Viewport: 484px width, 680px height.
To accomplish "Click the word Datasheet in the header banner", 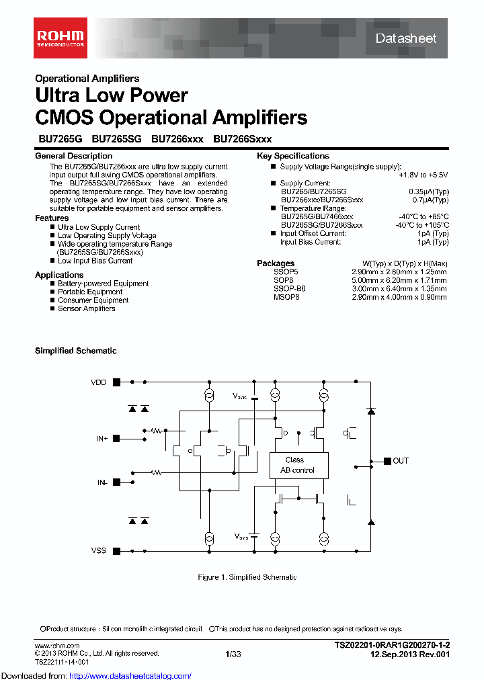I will (405, 38).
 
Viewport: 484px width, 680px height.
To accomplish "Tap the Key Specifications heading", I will (292, 156).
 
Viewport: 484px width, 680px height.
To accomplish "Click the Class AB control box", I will (296, 465).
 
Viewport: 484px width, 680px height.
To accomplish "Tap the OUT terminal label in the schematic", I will (401, 461).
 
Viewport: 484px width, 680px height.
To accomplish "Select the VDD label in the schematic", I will (99, 382).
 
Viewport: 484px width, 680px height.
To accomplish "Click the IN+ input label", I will (102, 439).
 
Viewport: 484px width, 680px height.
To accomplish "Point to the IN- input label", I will (102, 482).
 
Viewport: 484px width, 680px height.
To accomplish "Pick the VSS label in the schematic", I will (99, 551).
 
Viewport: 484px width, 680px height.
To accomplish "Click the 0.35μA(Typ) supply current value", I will (429, 192).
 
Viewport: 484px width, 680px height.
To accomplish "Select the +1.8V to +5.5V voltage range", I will (423, 175).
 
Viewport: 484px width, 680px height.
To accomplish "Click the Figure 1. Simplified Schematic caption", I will (247, 577).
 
